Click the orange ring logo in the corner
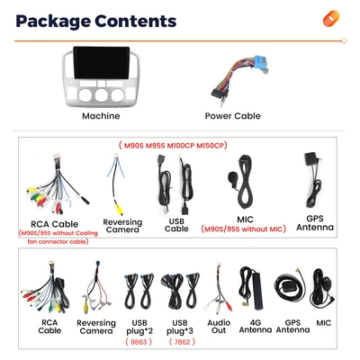coord(331,19)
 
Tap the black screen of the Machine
coord(102,63)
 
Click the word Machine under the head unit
coord(101,116)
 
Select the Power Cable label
coord(232,116)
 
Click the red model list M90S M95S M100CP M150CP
coord(173,146)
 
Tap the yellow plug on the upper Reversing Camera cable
coord(120,209)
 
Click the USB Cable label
coord(176,225)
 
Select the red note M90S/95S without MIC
coord(243,229)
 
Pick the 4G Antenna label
coord(256,326)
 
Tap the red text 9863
coord(139,342)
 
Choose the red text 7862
coord(182,342)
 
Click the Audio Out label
coord(219,327)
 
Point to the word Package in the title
coord(53,22)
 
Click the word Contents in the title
coord(136,21)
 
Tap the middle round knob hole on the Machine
coord(102,94)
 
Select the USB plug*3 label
coord(180,327)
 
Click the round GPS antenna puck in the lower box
coord(287,286)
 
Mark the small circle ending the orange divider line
coord(344,40)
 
